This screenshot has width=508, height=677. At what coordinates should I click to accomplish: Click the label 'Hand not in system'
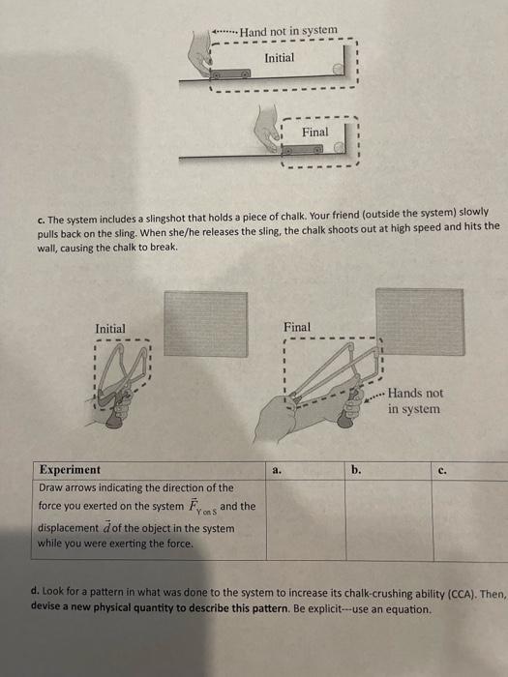pyautogui.click(x=289, y=31)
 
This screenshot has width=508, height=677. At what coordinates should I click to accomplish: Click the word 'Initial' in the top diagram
pyautogui.click(x=280, y=58)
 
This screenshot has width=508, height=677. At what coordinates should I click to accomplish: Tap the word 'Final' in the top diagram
pyautogui.click(x=314, y=132)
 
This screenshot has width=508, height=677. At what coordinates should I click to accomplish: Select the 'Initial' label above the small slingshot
pyautogui.click(x=109, y=329)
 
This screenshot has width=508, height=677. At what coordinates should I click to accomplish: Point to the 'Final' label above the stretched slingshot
pyautogui.click(x=297, y=327)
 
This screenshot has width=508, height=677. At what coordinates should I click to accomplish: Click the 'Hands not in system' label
pyautogui.click(x=417, y=401)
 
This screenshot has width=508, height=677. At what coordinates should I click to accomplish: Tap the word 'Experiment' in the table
pyautogui.click(x=69, y=469)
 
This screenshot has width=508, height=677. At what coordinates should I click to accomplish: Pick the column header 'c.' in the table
pyautogui.click(x=442, y=472)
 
